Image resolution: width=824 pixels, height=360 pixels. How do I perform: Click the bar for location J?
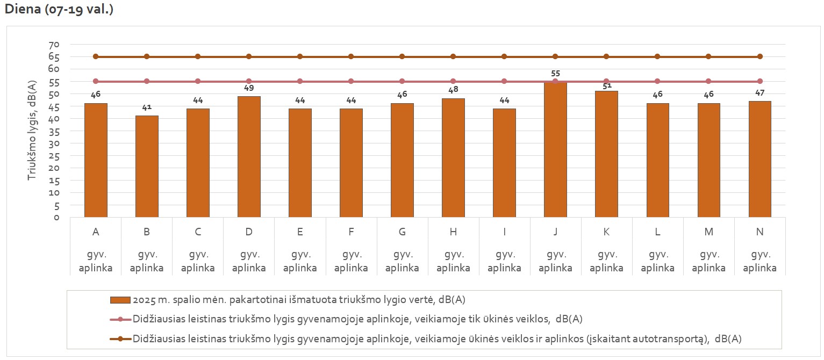tap(555, 150)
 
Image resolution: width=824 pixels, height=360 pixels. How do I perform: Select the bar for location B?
tap(147, 167)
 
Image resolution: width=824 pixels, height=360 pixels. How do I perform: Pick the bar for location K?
tap(606, 154)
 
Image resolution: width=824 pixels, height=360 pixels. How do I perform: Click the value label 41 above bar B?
tap(147, 107)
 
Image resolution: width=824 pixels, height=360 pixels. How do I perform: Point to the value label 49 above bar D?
tap(249, 88)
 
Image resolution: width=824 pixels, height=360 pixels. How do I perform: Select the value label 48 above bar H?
tap(453, 90)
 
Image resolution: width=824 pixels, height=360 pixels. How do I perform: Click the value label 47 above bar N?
tap(759, 92)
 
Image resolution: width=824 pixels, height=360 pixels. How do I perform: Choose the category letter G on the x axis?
tap(402, 232)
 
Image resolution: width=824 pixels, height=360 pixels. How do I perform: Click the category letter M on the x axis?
tap(708, 232)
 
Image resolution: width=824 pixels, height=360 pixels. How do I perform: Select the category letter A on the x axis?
tap(96, 232)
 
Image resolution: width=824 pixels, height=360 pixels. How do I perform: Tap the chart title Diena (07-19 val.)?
tap(59, 10)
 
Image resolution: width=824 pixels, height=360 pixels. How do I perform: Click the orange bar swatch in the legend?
tap(120, 299)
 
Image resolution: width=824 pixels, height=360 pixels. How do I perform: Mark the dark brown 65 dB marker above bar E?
tap(300, 56)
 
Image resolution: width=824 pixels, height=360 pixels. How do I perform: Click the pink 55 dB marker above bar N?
tap(759, 81)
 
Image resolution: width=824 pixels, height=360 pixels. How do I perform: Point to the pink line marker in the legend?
tap(120, 319)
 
